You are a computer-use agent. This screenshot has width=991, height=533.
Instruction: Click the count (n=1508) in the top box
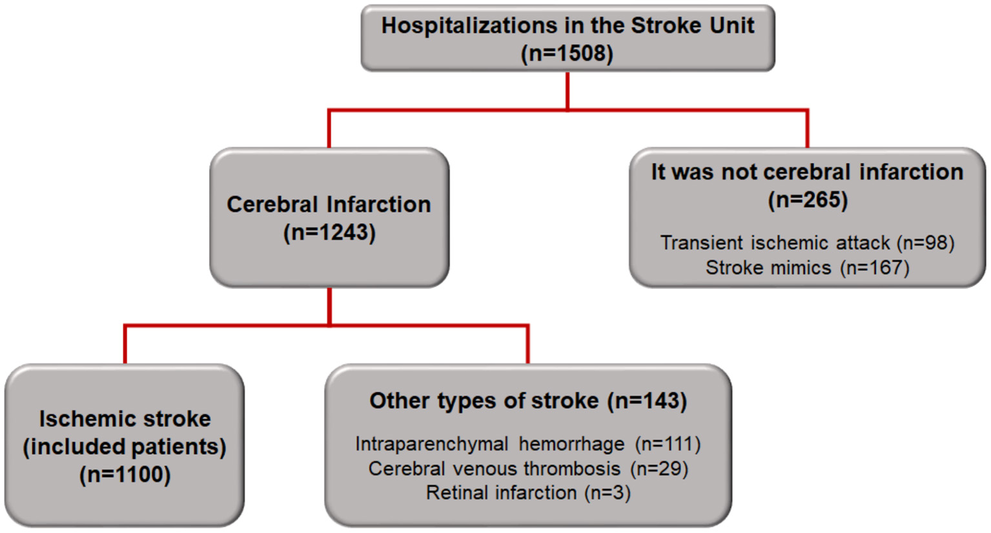point(567,53)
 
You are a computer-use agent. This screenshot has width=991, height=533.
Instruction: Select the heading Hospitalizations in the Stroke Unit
point(567,25)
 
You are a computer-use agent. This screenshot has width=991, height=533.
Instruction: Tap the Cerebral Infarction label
point(329,204)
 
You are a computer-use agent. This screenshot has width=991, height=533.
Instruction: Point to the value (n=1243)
point(329,232)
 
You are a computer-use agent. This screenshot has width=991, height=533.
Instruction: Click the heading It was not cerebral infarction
point(806,172)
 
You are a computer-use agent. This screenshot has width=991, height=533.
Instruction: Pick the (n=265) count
point(807,199)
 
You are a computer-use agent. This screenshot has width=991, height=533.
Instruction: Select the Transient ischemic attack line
point(775,243)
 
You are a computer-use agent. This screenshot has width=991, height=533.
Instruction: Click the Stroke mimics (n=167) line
point(807,267)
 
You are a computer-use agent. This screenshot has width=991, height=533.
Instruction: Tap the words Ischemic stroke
point(125,419)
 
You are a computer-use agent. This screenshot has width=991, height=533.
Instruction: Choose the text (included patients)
point(125,447)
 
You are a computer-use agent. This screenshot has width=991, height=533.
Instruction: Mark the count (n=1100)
point(125,474)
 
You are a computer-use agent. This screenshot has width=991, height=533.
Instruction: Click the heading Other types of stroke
point(484,401)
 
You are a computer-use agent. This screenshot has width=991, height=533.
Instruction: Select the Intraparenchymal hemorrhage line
point(490,444)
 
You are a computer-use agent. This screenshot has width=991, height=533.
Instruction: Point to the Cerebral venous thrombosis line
point(494,468)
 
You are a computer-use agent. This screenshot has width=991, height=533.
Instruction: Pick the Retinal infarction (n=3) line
point(528,493)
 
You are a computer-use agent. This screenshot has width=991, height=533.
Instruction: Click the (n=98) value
point(925,243)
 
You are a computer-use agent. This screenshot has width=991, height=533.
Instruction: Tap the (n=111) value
point(668,444)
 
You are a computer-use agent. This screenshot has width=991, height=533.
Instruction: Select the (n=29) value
point(659,468)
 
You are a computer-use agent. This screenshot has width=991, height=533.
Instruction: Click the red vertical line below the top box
point(567,90)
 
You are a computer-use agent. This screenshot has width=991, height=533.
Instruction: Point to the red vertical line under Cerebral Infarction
point(329,306)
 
